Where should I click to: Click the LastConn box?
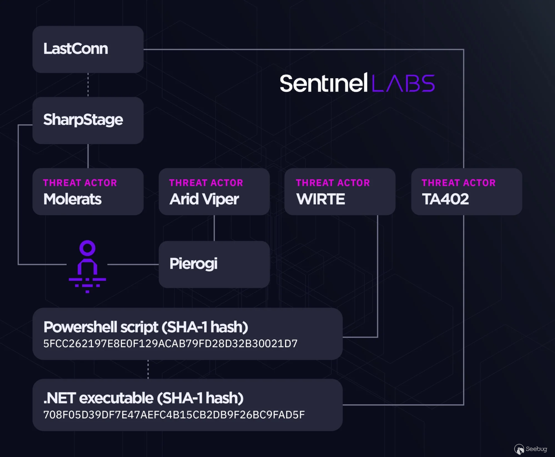pos(88,49)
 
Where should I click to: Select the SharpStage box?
pos(88,120)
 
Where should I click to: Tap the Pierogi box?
pos(214,264)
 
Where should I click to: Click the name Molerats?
pos(72,199)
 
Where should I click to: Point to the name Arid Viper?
pos(204,200)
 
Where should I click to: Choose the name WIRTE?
pos(321,199)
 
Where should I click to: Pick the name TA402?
pos(445,199)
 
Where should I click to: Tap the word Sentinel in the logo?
pos(324,83)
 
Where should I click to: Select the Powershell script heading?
pos(146,327)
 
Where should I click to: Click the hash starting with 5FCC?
pos(170,344)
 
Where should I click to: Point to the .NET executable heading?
pos(144,398)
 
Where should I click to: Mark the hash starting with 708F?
pos(174,415)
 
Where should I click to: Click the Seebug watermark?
pos(531,449)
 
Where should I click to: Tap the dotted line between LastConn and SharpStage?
pos(88,85)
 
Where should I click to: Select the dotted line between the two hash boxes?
pos(148,369)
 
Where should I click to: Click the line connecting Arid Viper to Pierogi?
pos(214,228)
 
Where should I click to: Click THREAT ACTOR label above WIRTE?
pos(333,183)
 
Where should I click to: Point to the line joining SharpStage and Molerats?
pos(88,156)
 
